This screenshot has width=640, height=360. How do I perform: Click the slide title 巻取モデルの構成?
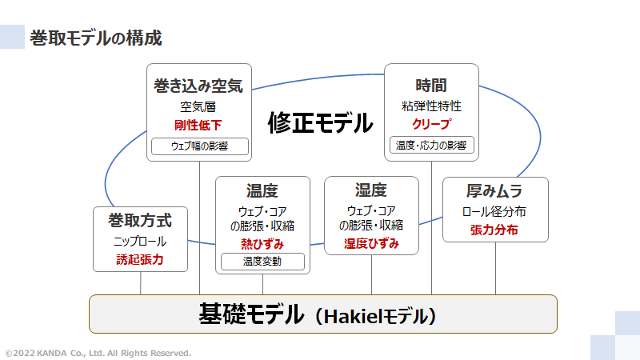coord(95,37)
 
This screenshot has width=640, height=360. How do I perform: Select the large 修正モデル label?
coord(320,122)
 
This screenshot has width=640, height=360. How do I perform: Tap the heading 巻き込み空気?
coord(198,86)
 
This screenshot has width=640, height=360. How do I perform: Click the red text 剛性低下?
coord(198,125)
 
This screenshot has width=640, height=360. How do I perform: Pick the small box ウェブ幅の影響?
coord(199,146)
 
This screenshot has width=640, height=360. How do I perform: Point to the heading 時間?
coord(431,86)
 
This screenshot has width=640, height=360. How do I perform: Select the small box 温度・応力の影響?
coord(432,146)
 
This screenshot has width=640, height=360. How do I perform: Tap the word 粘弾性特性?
coord(431,106)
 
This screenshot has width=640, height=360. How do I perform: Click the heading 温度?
coord(262,191)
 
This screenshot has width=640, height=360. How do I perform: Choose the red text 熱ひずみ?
coord(262,243)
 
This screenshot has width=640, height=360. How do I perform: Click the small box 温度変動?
coord(262,261)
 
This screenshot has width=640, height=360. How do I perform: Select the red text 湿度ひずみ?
coord(371,243)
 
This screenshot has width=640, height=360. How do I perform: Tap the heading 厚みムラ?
coord(495,192)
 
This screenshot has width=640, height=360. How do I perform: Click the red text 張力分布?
coord(495,230)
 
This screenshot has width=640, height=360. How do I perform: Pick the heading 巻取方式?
coord(141,220)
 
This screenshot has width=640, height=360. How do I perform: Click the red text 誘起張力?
coord(141,259)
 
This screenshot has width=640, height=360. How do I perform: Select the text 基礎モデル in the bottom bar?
coord(251,314)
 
